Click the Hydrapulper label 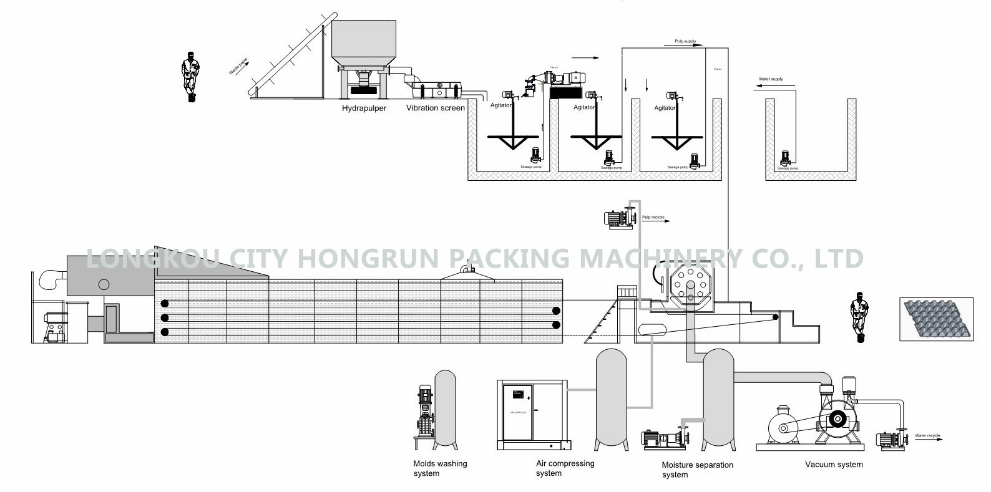click(x=364, y=108)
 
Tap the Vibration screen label click(x=435, y=108)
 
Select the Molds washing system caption click(x=440, y=468)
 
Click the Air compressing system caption click(x=565, y=468)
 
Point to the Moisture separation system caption click(x=697, y=470)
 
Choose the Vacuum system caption click(x=834, y=465)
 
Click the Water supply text click(x=770, y=79)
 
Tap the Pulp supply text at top click(x=685, y=41)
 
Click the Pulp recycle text click(x=653, y=218)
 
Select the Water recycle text click(x=927, y=435)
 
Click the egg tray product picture click(x=937, y=319)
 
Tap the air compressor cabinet click(x=532, y=414)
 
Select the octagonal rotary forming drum click(x=689, y=289)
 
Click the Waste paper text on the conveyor click(x=238, y=66)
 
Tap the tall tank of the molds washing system click(x=444, y=408)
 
